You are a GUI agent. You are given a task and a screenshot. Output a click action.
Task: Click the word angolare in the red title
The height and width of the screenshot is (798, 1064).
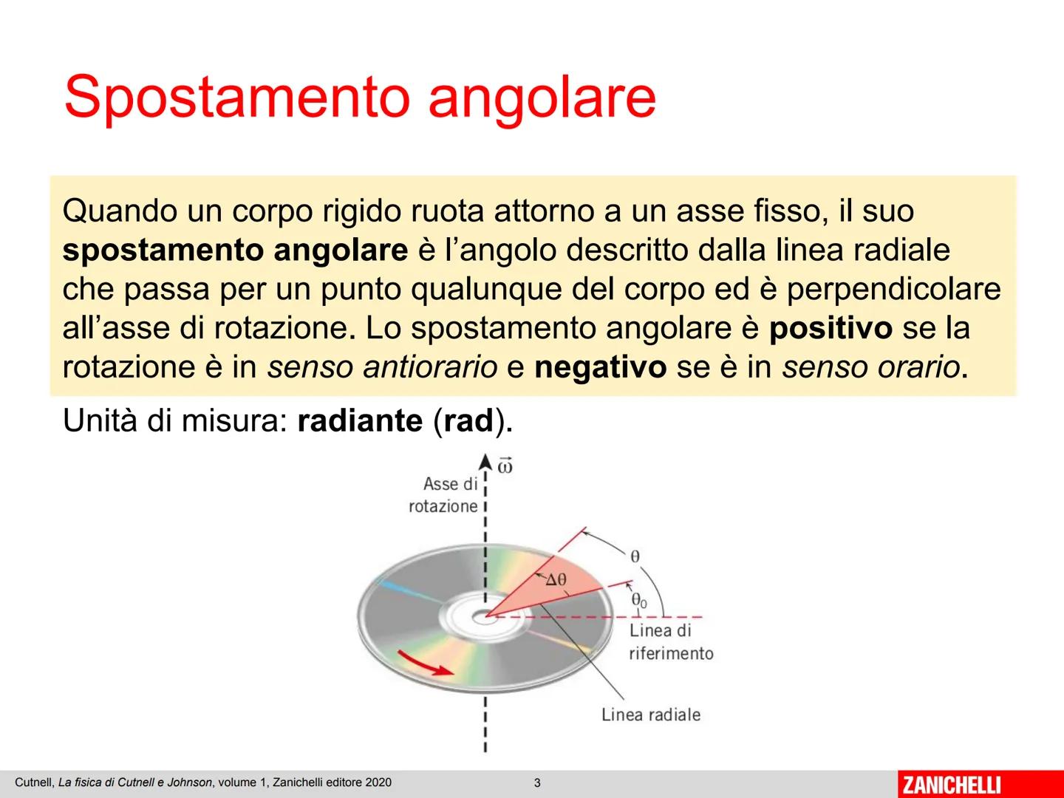coord(542,97)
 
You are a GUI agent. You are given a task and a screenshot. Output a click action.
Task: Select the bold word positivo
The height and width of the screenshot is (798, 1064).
coord(831,328)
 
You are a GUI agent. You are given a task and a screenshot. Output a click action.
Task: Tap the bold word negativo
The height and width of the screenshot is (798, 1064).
coord(600,367)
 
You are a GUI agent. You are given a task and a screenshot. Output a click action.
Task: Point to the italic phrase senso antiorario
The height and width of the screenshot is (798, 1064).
coord(382,367)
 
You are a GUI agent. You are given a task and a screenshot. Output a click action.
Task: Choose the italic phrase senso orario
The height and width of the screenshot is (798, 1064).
coord(871,367)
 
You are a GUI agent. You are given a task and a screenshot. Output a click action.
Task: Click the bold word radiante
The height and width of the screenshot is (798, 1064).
coord(359,420)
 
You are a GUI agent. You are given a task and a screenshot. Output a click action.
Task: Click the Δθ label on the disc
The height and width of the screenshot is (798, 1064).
coord(556,580)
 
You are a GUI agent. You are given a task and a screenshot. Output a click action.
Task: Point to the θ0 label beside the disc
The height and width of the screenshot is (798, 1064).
coord(638,601)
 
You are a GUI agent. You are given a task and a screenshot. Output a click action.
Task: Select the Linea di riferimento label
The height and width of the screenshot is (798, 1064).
coord(670,641)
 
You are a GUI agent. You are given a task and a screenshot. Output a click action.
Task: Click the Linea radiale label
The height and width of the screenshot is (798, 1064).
coord(650,715)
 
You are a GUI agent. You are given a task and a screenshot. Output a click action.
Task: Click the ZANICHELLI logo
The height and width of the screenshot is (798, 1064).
coord(952,784)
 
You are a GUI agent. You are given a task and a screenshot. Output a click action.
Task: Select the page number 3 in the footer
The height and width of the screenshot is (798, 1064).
coord(537,783)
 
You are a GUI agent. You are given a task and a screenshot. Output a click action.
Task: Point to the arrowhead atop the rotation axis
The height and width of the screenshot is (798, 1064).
coord(485,463)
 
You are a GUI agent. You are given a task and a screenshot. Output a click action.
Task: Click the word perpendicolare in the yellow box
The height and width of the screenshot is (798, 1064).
coord(893,289)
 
